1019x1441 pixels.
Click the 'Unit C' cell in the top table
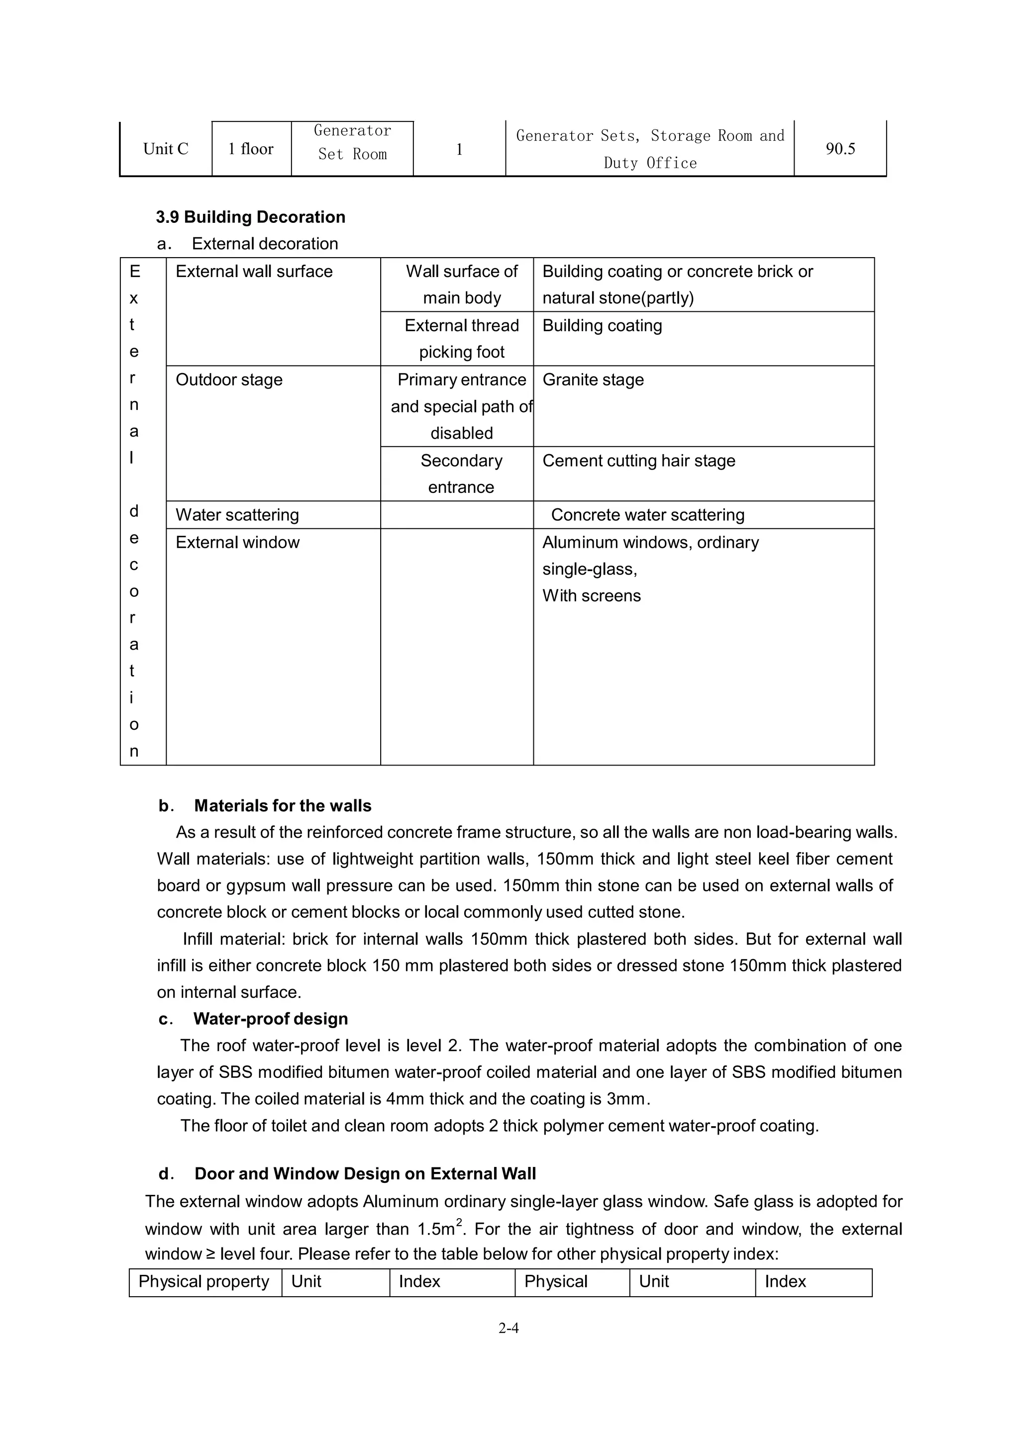pos(165,149)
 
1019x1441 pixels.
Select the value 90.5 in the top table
pos(840,149)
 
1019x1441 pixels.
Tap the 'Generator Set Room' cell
pos(352,142)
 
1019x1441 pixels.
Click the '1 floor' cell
pos(251,149)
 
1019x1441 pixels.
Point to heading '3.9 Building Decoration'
pos(250,217)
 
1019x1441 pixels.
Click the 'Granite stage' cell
pos(593,380)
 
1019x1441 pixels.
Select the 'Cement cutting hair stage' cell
pos(638,461)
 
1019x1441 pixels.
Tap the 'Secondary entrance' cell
pos(461,474)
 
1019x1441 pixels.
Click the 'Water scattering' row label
pos(237,515)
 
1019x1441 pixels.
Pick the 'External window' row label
pos(237,542)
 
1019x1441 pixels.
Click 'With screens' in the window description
pos(592,595)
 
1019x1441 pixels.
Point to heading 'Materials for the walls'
pos(283,806)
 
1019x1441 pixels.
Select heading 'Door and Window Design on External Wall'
pos(365,1173)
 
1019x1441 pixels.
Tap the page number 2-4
pos(509,1328)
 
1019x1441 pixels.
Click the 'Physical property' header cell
pos(204,1282)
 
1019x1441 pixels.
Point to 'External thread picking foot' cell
pos(461,339)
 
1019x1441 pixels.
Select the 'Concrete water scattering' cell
pos(647,515)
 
